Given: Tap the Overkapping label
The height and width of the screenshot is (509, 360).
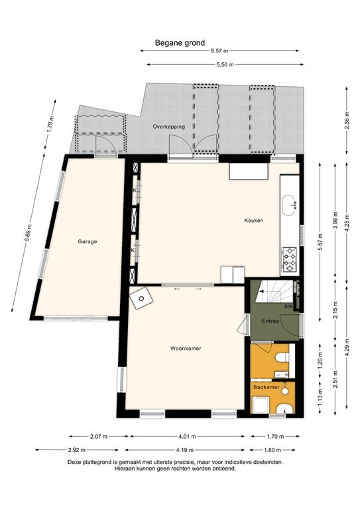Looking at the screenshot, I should pyautogui.click(x=168, y=126).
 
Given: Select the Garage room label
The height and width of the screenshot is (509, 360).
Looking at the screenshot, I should pyautogui.click(x=86, y=242).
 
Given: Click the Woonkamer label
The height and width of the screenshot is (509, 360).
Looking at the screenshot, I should pyautogui.click(x=185, y=348).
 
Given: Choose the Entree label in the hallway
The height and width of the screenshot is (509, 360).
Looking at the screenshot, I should pyautogui.click(x=270, y=321).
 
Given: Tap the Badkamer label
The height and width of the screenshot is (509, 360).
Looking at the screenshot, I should pyautogui.click(x=265, y=385).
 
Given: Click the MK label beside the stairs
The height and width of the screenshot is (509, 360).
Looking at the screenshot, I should pyautogui.click(x=288, y=307).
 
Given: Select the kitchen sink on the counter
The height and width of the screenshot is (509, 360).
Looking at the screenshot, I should pyautogui.click(x=290, y=204).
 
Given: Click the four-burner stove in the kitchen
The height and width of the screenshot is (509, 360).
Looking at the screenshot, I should pyautogui.click(x=290, y=258).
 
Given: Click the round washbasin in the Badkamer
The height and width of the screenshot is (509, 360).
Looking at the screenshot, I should pyautogui.click(x=283, y=407).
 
